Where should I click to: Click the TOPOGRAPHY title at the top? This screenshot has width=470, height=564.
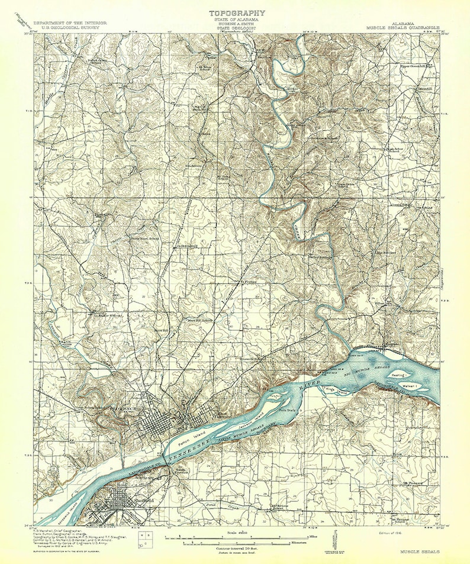pos(236,12)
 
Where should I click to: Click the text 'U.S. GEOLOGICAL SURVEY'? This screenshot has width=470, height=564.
pos(70,27)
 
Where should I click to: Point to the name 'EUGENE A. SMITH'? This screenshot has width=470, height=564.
pos(236,24)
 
